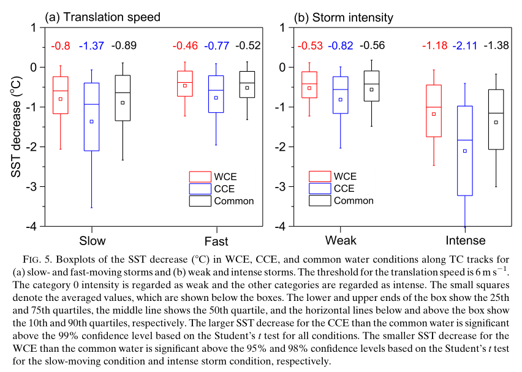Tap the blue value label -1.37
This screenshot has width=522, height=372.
(91, 45)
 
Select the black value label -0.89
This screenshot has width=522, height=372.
(123, 45)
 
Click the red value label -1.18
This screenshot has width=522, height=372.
(434, 45)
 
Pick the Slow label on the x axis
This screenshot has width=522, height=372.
(93, 240)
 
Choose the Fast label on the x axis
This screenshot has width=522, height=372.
(216, 240)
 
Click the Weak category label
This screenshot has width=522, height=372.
(341, 240)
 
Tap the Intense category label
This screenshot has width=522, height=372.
(464, 240)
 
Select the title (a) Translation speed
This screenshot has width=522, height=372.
(102, 17)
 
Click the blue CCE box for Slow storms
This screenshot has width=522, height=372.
(91, 116)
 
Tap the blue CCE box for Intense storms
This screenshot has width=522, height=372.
(465, 151)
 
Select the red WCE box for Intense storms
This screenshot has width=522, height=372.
(434, 110)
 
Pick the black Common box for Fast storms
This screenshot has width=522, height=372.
(247, 85)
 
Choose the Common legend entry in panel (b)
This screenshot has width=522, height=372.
(343, 200)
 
